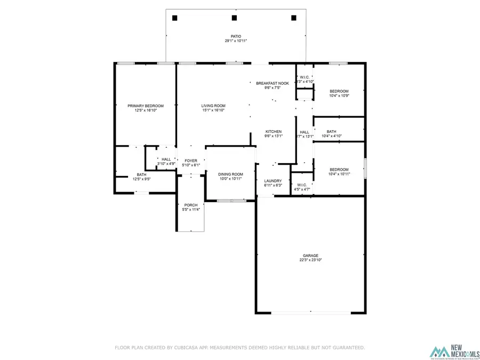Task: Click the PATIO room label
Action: (x=236, y=36)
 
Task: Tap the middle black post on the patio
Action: (x=234, y=18)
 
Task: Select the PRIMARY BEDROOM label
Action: (x=146, y=106)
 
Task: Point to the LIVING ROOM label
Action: (x=213, y=106)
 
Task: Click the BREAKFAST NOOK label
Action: (x=273, y=83)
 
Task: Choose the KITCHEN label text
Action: (x=274, y=132)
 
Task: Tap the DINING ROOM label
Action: (x=230, y=174)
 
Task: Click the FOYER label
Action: (x=191, y=161)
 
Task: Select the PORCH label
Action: (x=191, y=205)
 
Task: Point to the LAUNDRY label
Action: (x=273, y=181)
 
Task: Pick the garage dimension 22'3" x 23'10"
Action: (x=310, y=261)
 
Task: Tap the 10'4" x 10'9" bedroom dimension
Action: (x=339, y=96)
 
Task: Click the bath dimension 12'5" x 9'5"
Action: (x=141, y=179)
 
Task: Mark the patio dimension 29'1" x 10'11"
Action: (x=236, y=41)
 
